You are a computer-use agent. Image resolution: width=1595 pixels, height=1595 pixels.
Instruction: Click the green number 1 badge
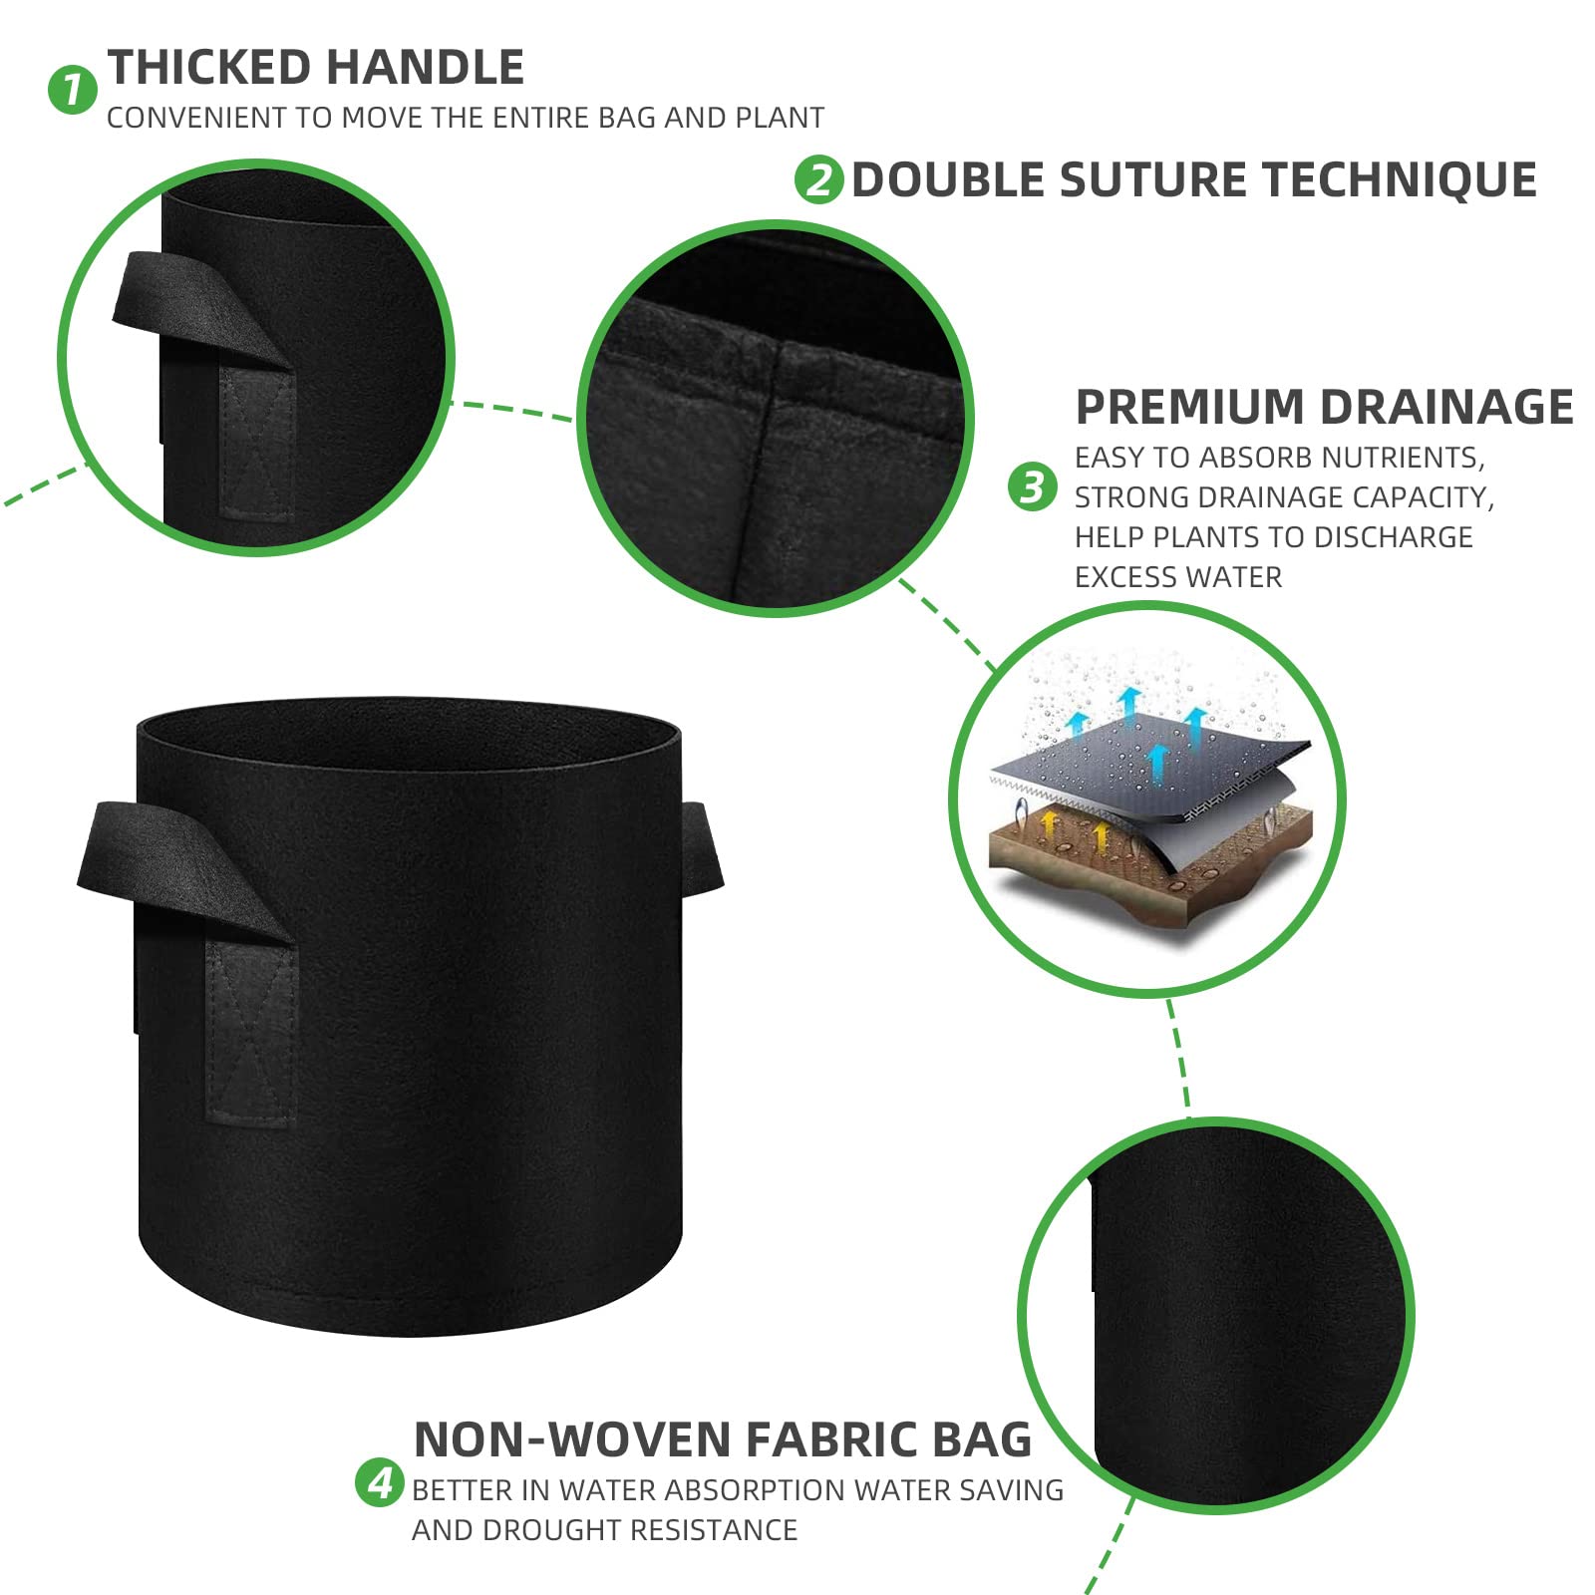73,90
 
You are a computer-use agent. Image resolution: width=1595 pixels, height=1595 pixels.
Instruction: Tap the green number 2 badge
819,179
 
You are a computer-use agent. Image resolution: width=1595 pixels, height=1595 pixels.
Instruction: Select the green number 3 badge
1033,486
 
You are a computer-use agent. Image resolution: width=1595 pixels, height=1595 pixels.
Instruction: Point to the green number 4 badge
380,1482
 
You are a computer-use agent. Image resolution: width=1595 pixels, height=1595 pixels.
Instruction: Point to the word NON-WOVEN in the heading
572,1439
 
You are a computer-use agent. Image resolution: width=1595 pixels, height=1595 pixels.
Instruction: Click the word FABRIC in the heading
831,1439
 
